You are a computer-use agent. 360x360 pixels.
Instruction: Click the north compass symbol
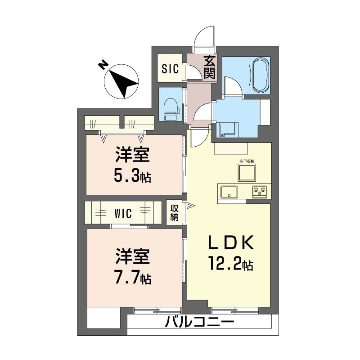pyautogui.click(x=121, y=82)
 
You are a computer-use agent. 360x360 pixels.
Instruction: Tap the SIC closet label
pyautogui.click(x=171, y=69)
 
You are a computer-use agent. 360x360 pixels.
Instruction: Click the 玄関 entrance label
pyautogui.click(x=209, y=67)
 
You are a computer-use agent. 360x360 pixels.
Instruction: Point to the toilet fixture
pyautogui.click(x=171, y=109)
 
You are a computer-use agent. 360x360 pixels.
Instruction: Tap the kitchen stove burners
pyautogui.click(x=260, y=192)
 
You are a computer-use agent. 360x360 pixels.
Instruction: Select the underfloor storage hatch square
pyautogui.click(x=247, y=173)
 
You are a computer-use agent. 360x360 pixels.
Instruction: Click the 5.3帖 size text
pyautogui.click(x=132, y=175)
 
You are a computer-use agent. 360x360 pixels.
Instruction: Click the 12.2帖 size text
pyautogui.click(x=230, y=263)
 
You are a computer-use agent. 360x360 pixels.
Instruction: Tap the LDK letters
pyautogui.click(x=230, y=243)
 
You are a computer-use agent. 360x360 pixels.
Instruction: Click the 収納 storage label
pyautogui.click(x=175, y=212)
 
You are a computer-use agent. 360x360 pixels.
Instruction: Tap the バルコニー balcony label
pyautogui.click(x=199, y=323)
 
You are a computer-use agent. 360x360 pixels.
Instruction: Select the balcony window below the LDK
pyautogui.click(x=235, y=310)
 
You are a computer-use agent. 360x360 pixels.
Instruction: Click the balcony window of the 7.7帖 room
pyautogui.click(x=157, y=310)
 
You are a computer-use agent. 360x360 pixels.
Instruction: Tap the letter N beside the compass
pyautogui.click(x=103, y=66)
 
